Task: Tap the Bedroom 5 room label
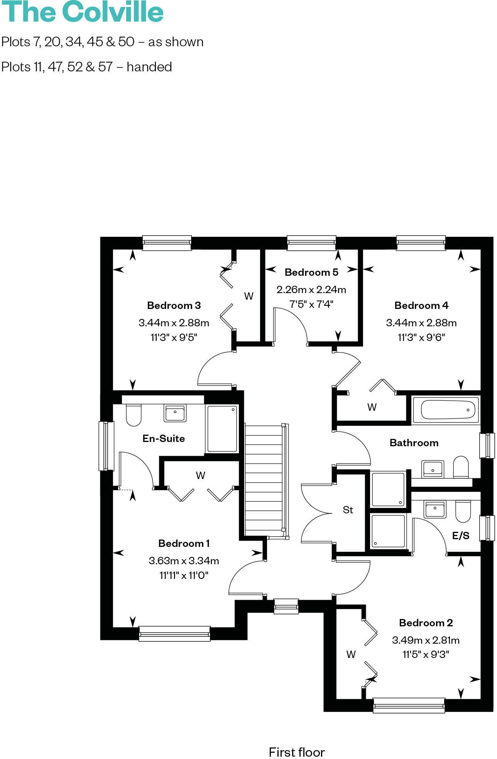coord(311,272)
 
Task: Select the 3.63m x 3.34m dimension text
coord(184,560)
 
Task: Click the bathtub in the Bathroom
coord(446,410)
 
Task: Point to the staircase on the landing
coord(264,480)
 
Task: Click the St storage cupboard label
coord(348,510)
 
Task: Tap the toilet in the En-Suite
coord(134,415)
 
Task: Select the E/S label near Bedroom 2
coord(461,535)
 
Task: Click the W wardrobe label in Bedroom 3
coord(248,296)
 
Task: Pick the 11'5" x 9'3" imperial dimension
coord(426,654)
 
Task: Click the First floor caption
coord(297,752)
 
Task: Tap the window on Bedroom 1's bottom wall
coord(174,633)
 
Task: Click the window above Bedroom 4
coord(421,243)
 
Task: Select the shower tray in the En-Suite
coord(222,428)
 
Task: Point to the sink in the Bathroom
coord(433,468)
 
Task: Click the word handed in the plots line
coord(149,67)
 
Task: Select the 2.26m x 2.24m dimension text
coord(311,290)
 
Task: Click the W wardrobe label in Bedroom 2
coord(351,654)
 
